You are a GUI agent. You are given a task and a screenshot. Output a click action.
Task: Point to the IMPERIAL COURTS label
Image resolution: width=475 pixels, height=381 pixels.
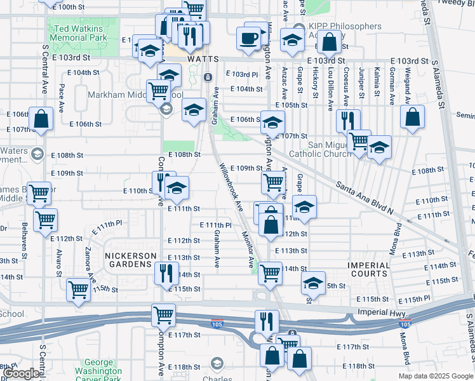coord(368,269)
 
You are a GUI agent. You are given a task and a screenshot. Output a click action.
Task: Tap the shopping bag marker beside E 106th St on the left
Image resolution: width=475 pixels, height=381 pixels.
coord(41,119)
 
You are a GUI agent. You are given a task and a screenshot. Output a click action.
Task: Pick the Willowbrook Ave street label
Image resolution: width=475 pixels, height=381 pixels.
coord(232,187)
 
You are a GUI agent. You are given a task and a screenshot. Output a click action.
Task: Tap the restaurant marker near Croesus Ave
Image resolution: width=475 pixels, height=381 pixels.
coord(348,120)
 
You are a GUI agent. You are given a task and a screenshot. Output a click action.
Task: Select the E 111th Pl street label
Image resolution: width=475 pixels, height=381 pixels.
coord(215,225)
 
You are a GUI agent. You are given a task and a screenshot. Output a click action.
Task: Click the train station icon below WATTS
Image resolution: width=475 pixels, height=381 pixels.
coord(208,77)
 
